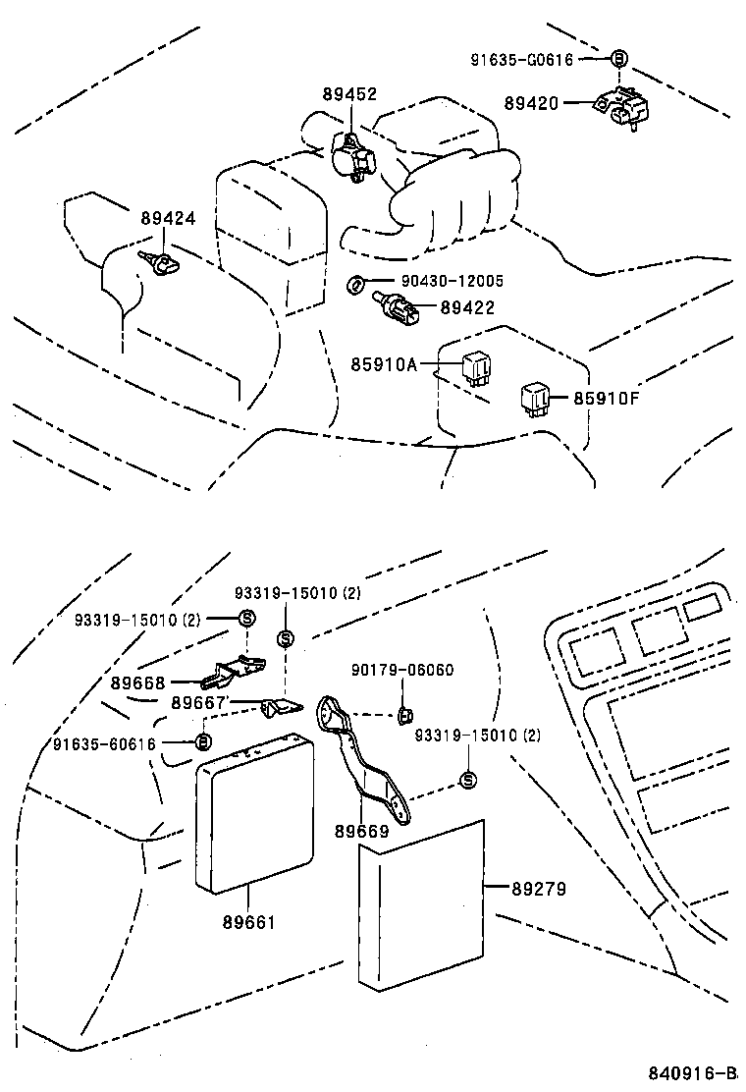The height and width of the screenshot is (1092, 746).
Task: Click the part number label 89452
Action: point(349,94)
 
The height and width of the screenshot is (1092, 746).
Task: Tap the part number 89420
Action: point(531,102)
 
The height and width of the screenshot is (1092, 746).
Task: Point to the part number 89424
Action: point(167,219)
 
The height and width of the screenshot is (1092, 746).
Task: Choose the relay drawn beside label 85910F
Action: point(536,398)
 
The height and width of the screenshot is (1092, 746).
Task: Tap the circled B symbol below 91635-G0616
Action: point(618,59)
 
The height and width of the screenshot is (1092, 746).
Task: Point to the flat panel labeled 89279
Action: point(422,904)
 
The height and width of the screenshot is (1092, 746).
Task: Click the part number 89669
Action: point(361,832)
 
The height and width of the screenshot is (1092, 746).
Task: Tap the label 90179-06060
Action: point(402,670)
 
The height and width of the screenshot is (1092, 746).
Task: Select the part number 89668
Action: point(138,682)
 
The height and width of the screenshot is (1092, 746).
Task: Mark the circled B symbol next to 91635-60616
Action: point(202,742)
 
